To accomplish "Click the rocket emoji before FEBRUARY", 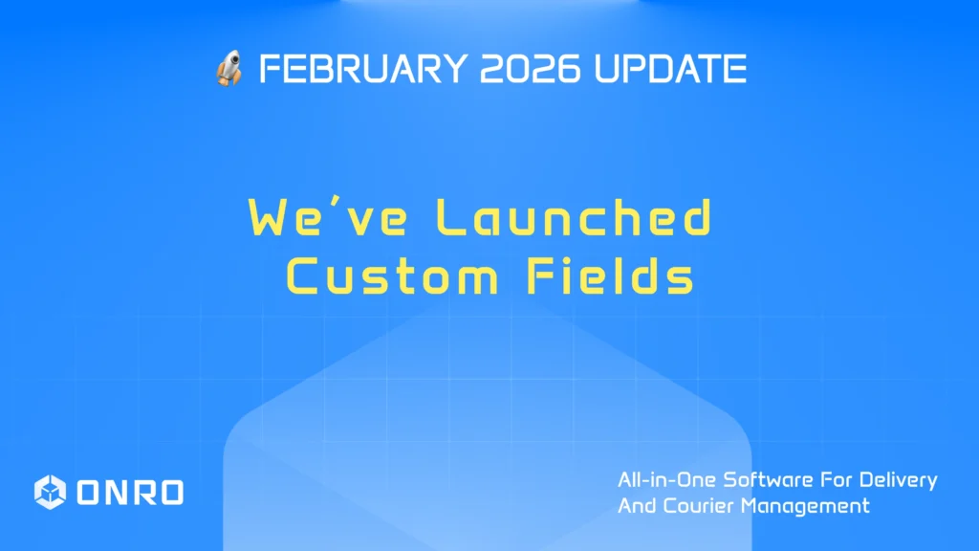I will [229, 70].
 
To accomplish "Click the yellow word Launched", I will [574, 219].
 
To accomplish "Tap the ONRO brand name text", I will [129, 492].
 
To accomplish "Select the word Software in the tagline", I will [762, 480].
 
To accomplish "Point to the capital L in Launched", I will [449, 219].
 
